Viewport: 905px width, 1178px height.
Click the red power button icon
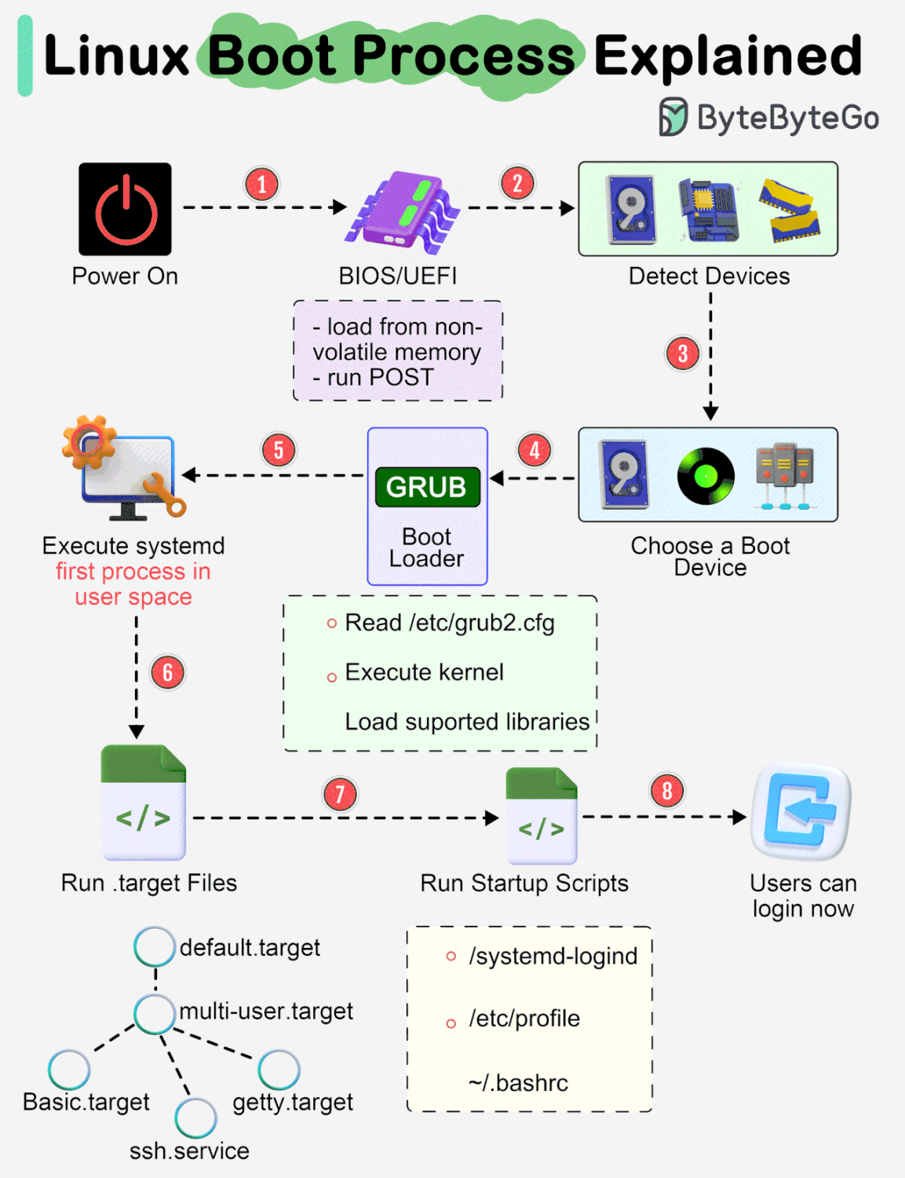pyautogui.click(x=125, y=209)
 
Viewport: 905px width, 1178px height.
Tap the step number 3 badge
pyautogui.click(x=682, y=354)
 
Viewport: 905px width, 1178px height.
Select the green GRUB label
pyautogui.click(x=427, y=487)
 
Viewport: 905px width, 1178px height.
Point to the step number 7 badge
pyautogui.click(x=340, y=794)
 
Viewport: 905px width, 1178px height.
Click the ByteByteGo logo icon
pyautogui.click(x=673, y=117)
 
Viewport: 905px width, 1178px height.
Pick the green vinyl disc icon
pyautogui.click(x=706, y=476)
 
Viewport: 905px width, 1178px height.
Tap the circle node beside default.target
pyautogui.click(x=155, y=946)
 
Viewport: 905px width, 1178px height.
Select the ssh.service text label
pyautogui.click(x=189, y=1151)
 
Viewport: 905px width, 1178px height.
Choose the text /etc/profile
pyautogui.click(x=524, y=1019)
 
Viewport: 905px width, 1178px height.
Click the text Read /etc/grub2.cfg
pyautogui.click(x=449, y=623)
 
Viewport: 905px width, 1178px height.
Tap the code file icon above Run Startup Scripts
pyautogui.click(x=542, y=817)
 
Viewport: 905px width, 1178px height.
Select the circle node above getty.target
pyautogui.click(x=279, y=1070)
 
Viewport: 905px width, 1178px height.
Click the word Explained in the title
pyautogui.click(x=728, y=56)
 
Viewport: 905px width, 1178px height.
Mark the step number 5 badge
pyautogui.click(x=279, y=451)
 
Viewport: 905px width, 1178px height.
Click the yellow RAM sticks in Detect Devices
pyautogui.click(x=790, y=210)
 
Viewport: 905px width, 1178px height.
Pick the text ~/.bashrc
pyautogui.click(x=518, y=1083)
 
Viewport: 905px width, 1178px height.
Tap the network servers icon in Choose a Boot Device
pyautogui.click(x=784, y=476)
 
